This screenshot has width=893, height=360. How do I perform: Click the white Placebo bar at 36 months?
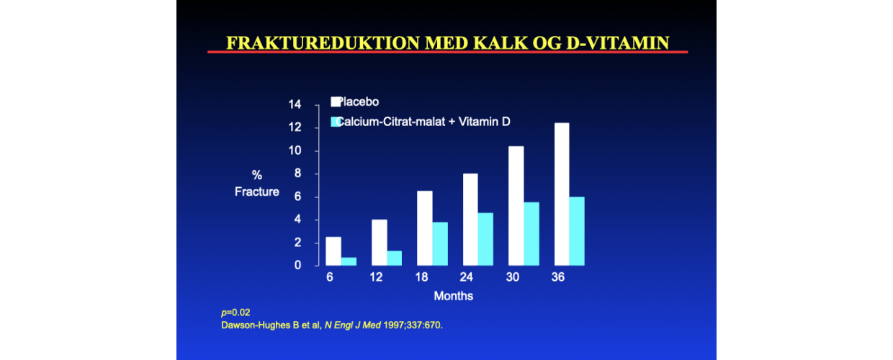[562, 194]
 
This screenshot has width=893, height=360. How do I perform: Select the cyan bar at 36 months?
[577, 231]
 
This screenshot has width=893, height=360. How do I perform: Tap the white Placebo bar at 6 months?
[333, 251]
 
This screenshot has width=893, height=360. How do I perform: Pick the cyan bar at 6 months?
[349, 261]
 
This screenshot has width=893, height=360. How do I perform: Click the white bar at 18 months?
[425, 228]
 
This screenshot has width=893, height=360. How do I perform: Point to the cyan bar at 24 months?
[485, 239]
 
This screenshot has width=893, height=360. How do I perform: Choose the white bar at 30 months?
[516, 206]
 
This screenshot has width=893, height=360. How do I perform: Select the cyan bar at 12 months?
[394, 258]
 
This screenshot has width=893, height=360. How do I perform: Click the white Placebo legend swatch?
[336, 102]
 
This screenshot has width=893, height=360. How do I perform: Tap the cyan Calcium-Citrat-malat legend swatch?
[336, 122]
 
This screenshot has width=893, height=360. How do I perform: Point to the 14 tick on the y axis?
[295, 104]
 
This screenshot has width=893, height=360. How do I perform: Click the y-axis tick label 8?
[297, 174]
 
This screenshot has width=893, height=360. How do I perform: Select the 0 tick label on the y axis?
[297, 265]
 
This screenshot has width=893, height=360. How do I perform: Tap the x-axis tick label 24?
[467, 277]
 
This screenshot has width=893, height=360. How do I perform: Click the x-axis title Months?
[453, 296]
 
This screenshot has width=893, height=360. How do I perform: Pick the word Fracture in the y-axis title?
[256, 192]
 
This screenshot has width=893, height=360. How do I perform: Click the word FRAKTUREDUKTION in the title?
[323, 43]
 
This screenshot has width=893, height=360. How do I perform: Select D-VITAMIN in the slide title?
[617, 43]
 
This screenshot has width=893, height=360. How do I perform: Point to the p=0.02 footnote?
[235, 312]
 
